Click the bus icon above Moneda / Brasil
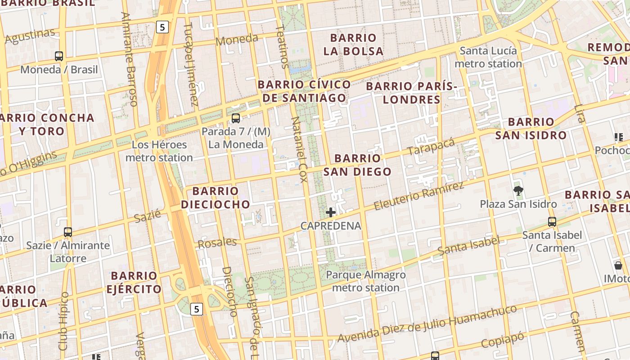coord(59,56)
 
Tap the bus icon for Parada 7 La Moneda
coord(235,118)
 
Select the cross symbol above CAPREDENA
coord(331,212)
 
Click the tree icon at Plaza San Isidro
coord(518,190)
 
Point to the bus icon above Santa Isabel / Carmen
coord(552,221)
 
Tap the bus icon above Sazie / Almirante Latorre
coord(68,232)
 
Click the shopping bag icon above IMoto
coord(618,265)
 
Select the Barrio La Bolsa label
coord(353,45)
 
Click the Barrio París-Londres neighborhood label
coord(411,93)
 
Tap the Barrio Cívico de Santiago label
coord(304,91)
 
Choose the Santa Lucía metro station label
coord(488,57)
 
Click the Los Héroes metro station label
coord(159,151)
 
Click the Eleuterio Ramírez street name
coord(418,196)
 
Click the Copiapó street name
coord(503,340)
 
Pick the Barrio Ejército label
coord(134,282)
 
